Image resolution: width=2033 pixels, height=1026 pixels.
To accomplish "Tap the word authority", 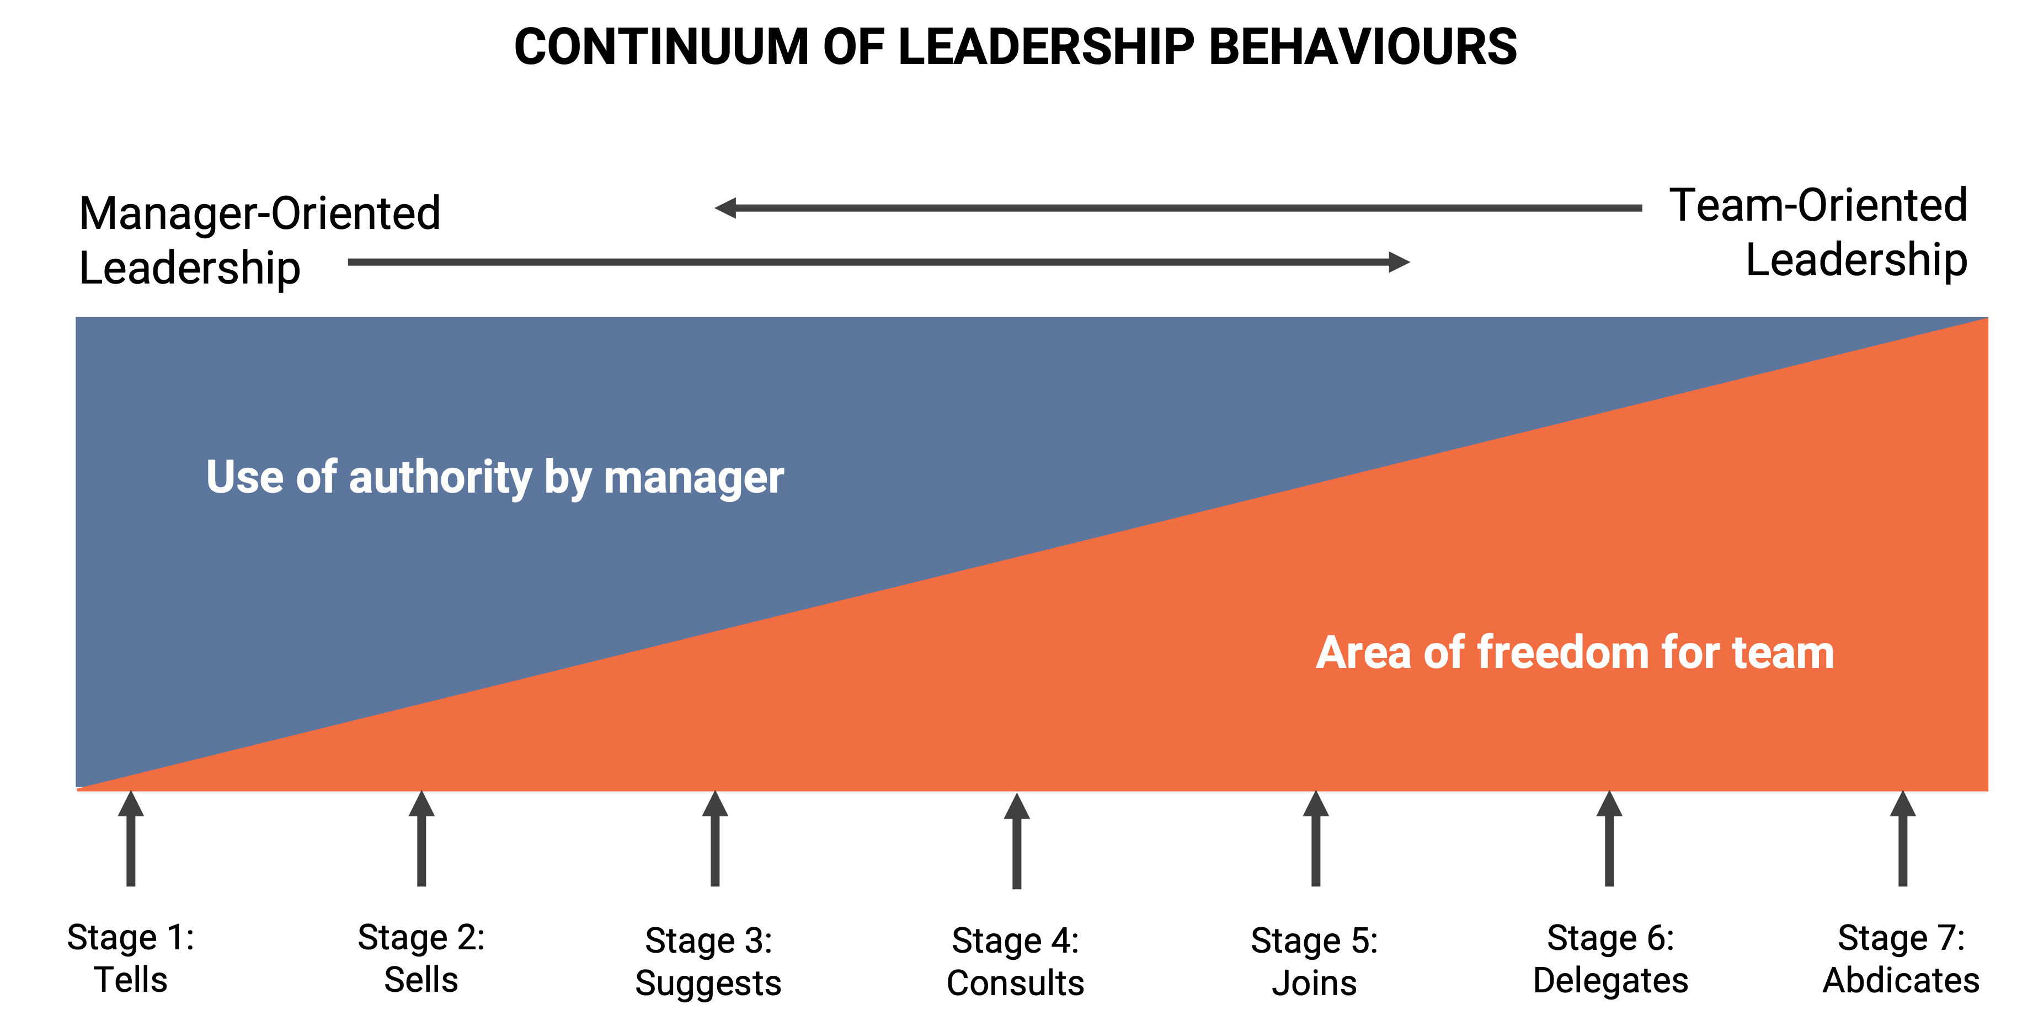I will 440,478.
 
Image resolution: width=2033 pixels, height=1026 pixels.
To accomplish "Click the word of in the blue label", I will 317,478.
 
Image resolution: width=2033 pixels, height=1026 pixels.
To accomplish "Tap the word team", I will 1783,654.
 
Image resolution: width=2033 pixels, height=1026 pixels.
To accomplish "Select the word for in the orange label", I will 1690,654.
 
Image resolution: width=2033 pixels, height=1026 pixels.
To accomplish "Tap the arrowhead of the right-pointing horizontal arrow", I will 1399,262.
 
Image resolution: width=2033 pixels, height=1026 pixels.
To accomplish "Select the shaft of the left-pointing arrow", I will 1184,207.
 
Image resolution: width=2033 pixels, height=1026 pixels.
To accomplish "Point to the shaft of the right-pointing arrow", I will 868,262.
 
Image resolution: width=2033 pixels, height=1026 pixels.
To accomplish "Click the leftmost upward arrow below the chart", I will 131,841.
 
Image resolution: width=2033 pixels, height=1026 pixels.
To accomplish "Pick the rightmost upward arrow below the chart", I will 1903,841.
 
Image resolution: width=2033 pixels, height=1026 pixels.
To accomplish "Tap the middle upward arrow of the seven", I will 1016,843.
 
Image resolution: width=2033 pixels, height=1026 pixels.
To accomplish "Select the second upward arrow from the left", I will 421,841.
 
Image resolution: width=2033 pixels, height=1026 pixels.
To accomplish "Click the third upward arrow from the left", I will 715,841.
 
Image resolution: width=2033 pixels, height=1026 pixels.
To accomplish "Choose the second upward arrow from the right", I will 1609,841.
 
